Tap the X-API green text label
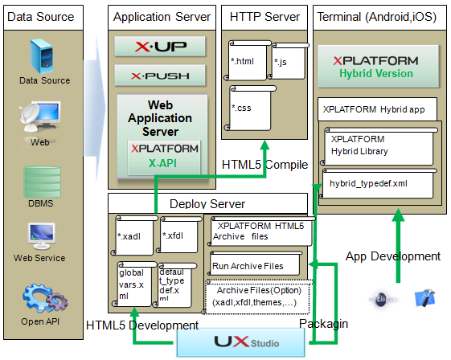[x=163, y=163]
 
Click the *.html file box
[x=248, y=61]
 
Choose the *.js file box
[x=287, y=61]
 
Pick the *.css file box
[x=248, y=107]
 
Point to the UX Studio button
[x=242, y=342]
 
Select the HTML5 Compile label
[x=264, y=165]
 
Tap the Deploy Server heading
[x=207, y=203]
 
